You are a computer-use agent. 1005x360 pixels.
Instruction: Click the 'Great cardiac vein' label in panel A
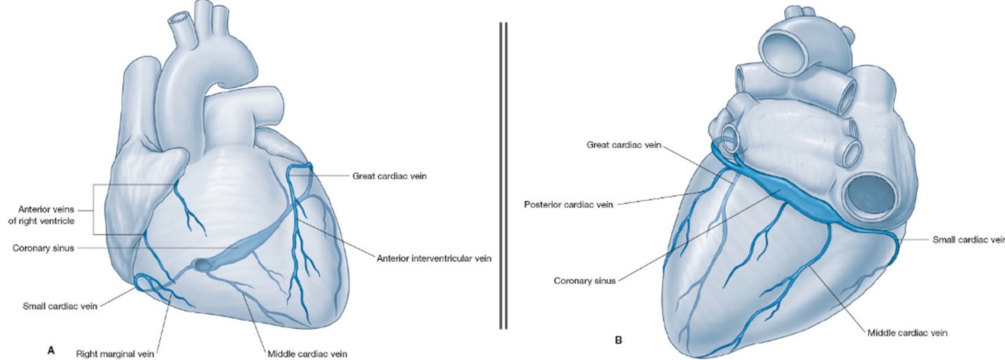tap(386, 175)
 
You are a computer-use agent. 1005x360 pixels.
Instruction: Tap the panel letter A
tap(50, 349)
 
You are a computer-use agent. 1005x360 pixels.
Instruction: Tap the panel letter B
tap(619, 340)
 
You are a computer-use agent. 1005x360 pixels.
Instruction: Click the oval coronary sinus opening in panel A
tap(202, 264)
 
